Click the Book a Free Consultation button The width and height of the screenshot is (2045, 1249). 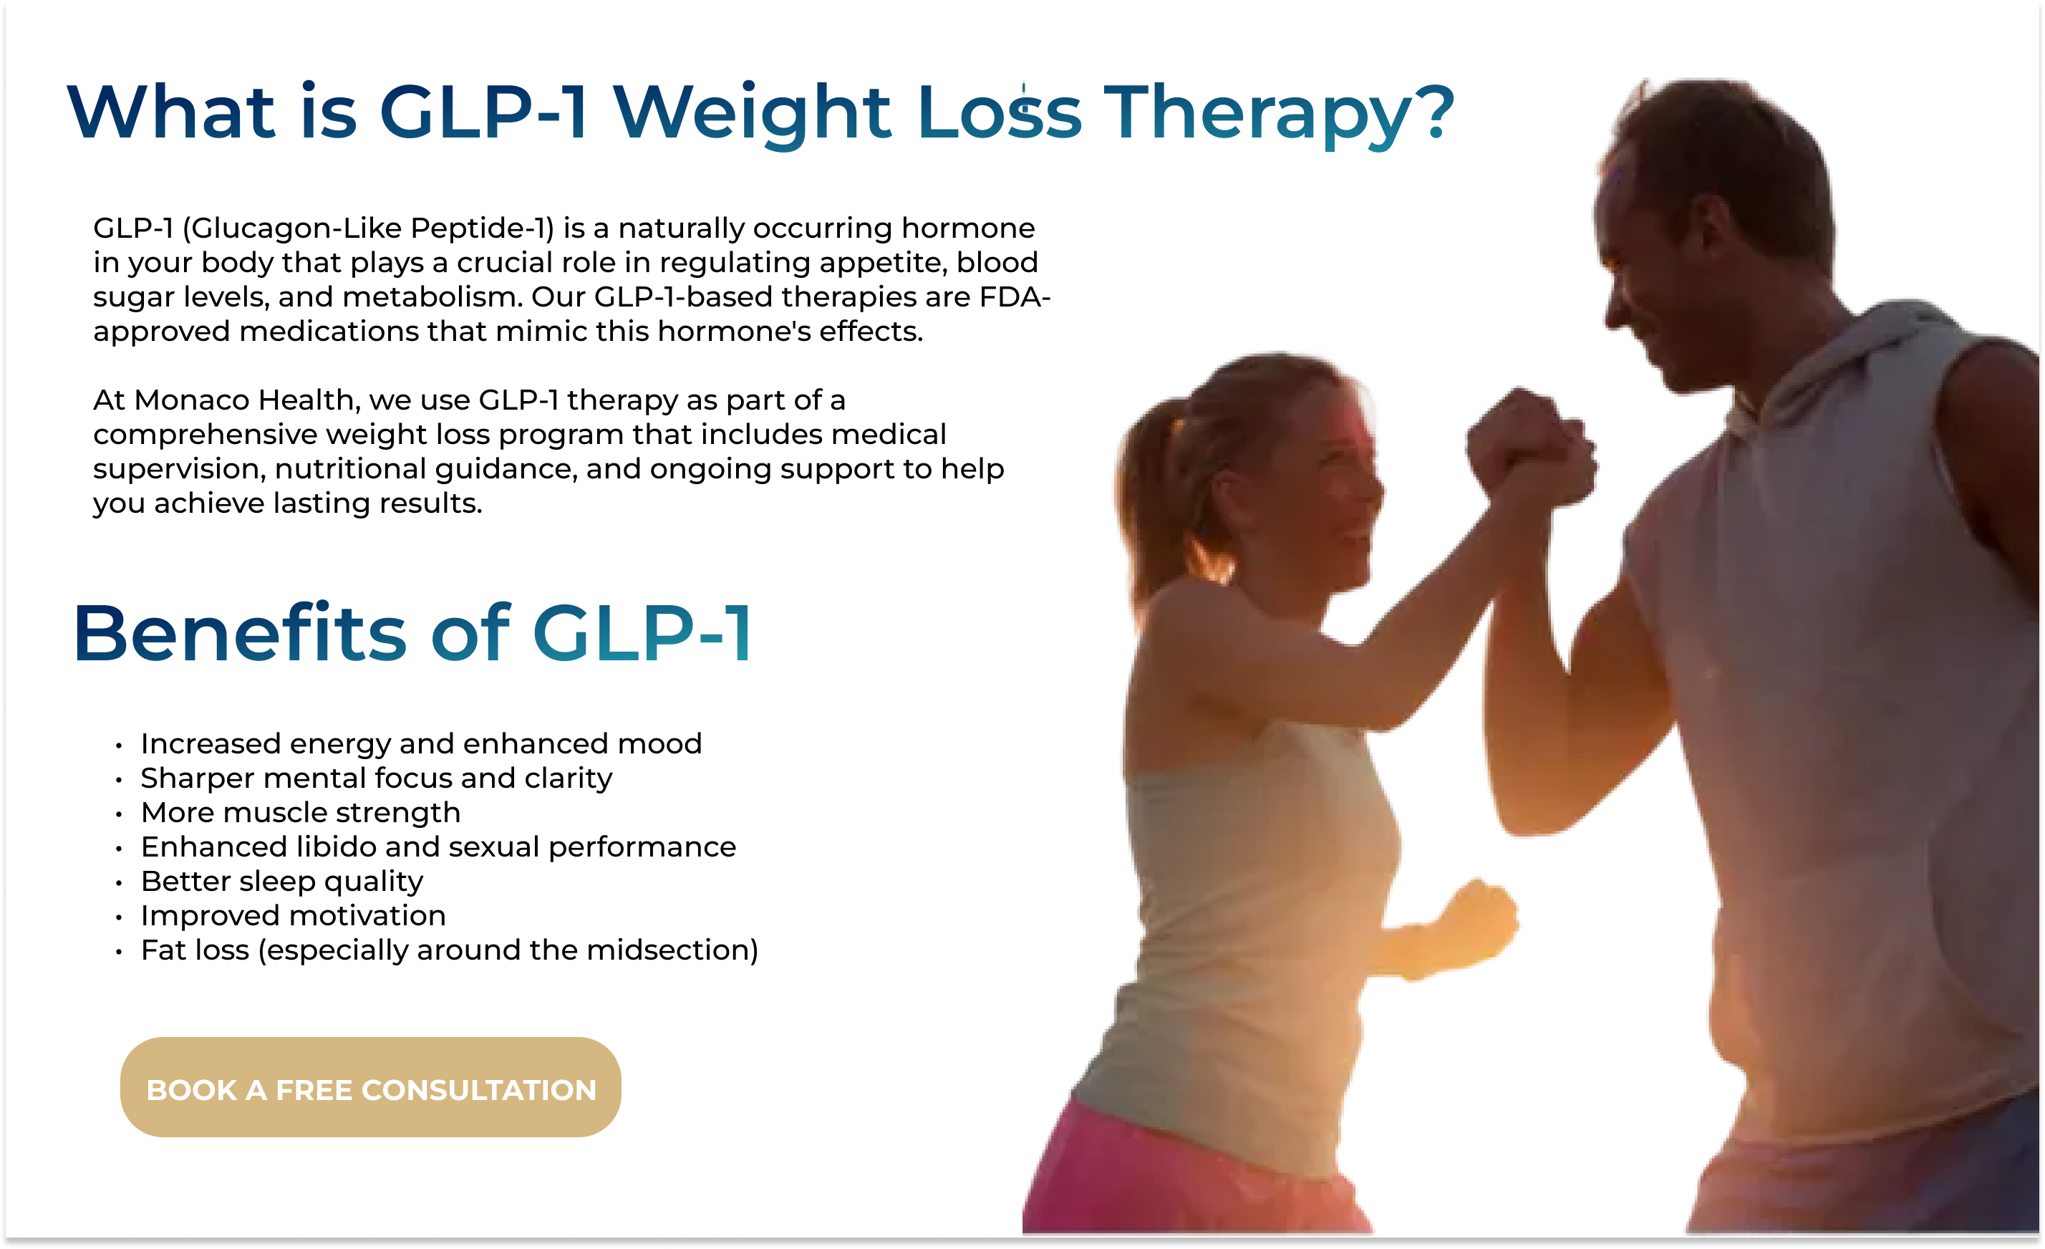click(370, 1087)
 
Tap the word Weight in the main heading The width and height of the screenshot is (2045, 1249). click(751, 113)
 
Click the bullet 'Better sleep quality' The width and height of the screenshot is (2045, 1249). click(282, 882)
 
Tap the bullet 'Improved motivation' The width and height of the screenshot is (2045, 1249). click(293, 915)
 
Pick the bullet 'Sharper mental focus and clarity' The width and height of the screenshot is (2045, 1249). click(376, 778)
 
